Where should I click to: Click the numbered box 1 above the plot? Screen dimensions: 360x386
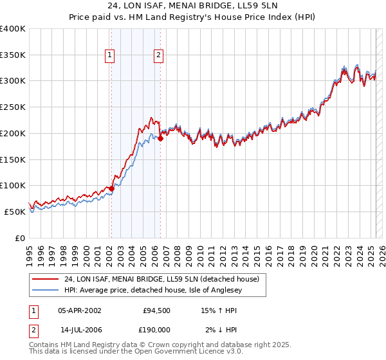[x=111, y=56]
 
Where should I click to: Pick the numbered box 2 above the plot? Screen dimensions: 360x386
[x=158, y=56]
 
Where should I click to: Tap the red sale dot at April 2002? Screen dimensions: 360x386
[x=111, y=188]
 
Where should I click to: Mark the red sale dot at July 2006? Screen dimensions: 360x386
[x=160, y=138]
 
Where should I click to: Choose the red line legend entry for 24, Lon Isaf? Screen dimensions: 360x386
[x=161, y=279]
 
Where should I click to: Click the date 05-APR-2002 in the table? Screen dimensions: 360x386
[x=80, y=310]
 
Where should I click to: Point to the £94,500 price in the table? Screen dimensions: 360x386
[x=156, y=310]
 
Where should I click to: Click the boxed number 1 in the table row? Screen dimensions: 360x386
[x=33, y=310]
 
